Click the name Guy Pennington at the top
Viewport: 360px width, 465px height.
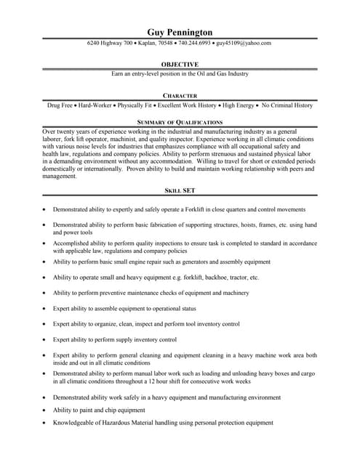[x=180, y=32]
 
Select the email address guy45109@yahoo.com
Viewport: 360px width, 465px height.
[x=243, y=43]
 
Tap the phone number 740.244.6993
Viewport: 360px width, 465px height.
[x=189, y=43]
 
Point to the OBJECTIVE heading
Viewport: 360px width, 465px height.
[x=180, y=64]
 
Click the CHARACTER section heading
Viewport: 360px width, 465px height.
[x=180, y=95]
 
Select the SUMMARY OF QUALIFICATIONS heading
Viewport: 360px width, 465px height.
[x=180, y=122]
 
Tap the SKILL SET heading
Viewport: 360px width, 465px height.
[x=180, y=191]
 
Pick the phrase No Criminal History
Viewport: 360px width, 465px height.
[x=287, y=105]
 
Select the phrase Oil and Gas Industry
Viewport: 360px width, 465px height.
[x=217, y=74]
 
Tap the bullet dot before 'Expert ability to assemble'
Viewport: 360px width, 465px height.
[x=45, y=309]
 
